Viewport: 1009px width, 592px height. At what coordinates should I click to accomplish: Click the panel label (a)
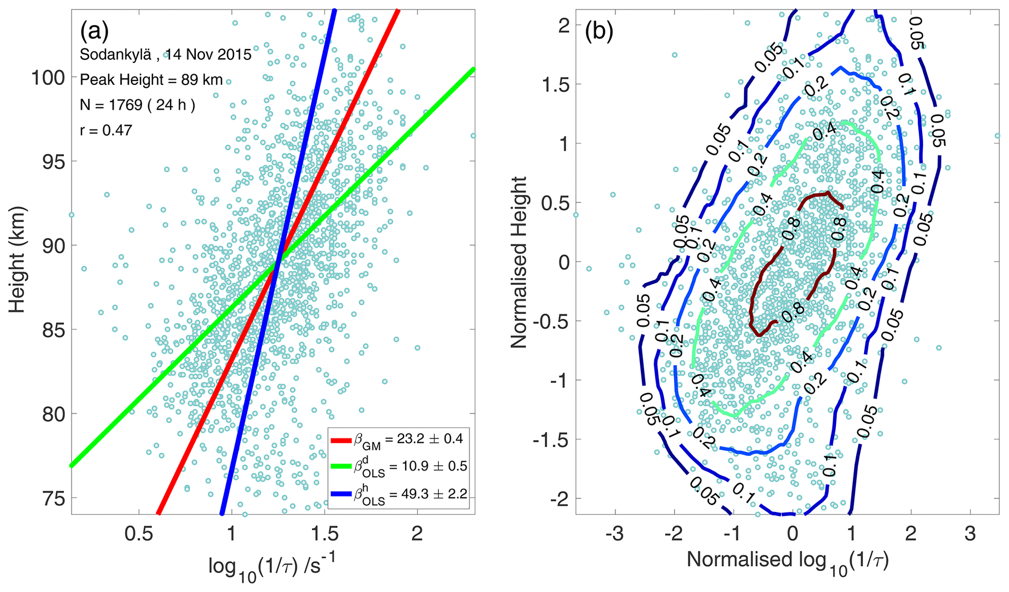[x=94, y=32]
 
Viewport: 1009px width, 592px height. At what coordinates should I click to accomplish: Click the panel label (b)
[x=598, y=32]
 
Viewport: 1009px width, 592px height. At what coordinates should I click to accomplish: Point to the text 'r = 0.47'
[x=106, y=130]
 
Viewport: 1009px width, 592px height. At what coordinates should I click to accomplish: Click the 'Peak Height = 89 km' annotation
[x=151, y=80]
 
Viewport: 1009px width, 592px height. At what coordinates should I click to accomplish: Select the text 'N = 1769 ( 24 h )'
[x=138, y=105]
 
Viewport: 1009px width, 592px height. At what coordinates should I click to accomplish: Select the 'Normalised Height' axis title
[x=519, y=262]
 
